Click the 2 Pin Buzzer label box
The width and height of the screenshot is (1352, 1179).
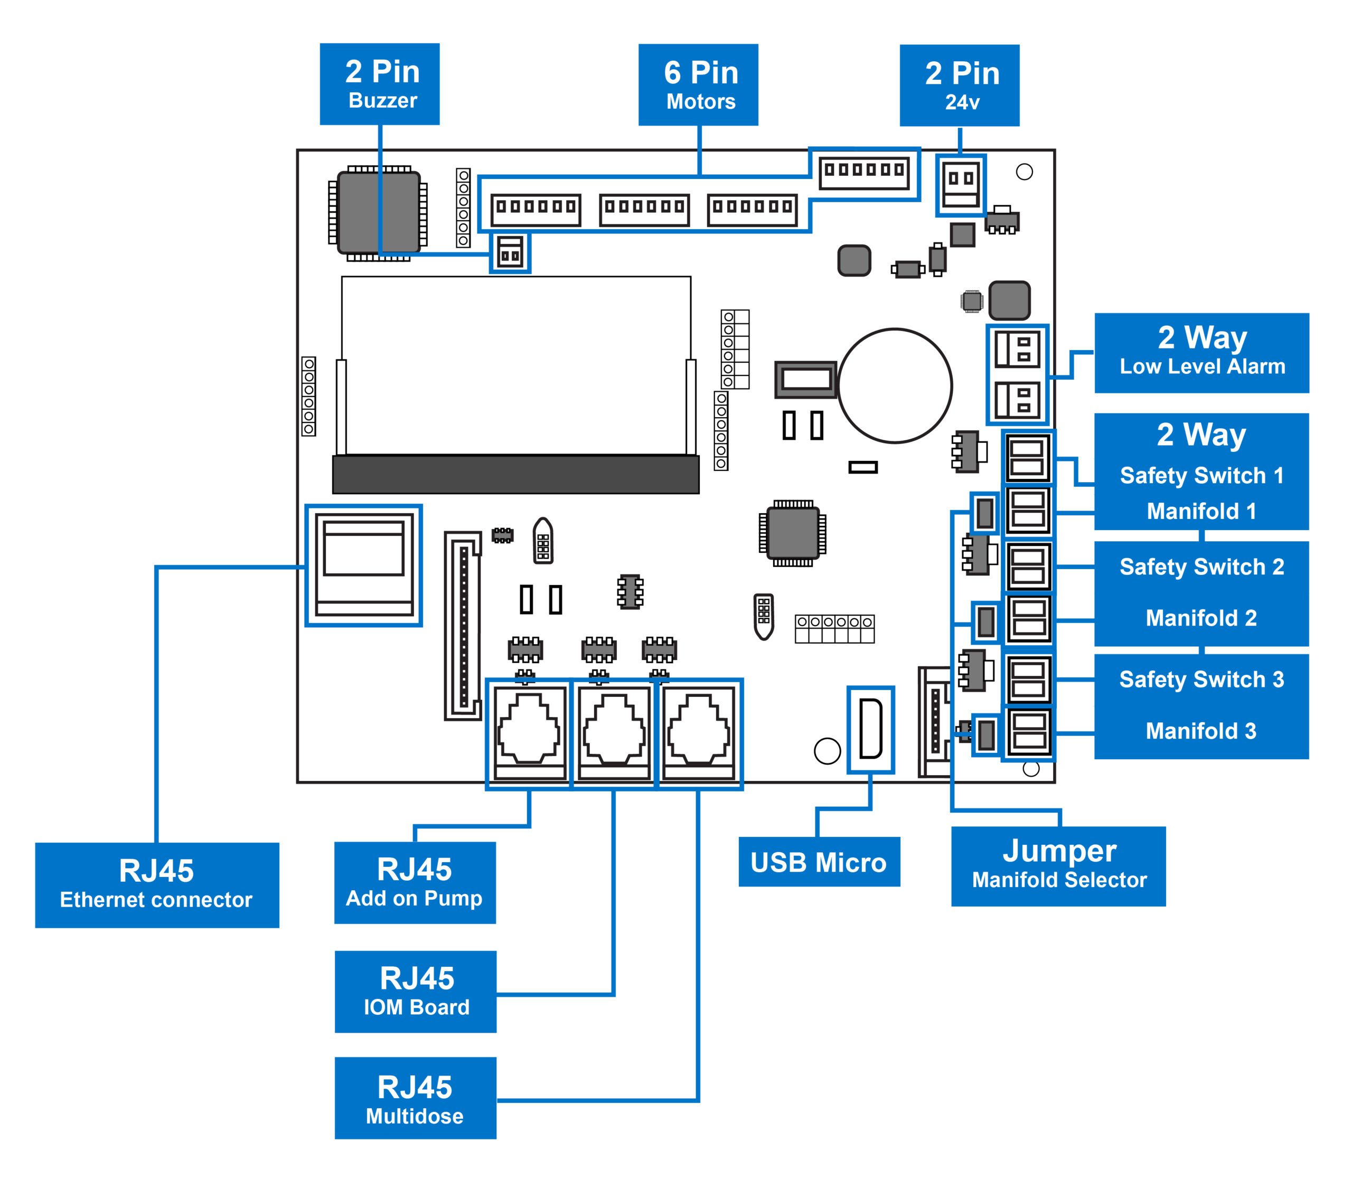click(380, 84)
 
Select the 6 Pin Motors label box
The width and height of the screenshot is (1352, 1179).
click(698, 85)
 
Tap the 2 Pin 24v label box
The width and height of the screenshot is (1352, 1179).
click(960, 86)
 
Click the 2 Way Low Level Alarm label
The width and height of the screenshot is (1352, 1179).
click(1202, 353)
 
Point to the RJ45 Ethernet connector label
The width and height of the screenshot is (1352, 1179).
click(157, 885)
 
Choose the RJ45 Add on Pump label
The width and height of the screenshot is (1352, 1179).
click(415, 883)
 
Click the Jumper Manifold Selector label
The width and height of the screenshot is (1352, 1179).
click(1058, 866)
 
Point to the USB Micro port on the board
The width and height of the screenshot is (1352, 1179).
click(870, 729)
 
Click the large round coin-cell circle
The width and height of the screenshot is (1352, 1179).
click(895, 385)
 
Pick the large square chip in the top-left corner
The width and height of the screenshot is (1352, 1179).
click(379, 213)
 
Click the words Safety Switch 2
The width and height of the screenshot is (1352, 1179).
click(1202, 567)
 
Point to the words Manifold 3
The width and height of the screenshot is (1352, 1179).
click(1201, 730)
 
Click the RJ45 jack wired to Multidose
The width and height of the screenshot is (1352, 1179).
click(699, 733)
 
